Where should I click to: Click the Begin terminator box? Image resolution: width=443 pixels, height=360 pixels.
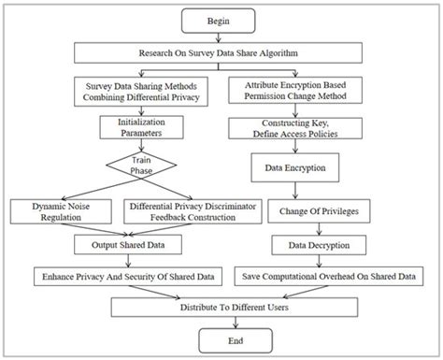221,19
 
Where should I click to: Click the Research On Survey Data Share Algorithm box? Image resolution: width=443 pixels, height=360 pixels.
221,51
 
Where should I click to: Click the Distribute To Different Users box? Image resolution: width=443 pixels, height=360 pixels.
221,305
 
